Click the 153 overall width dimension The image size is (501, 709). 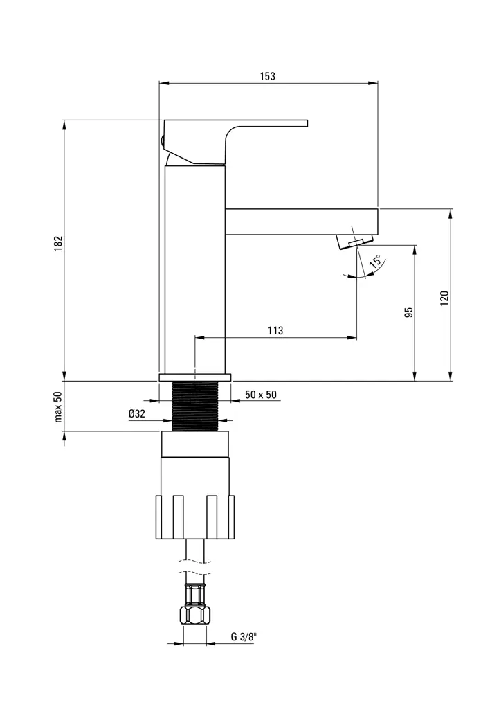coord(268,77)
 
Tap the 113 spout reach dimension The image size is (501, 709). coord(275,331)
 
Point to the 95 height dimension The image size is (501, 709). coord(408,312)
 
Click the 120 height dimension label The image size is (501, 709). coord(444,298)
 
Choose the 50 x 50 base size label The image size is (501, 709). coord(261,395)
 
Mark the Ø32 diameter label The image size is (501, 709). coord(136,413)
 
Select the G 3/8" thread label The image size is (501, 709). coord(243,637)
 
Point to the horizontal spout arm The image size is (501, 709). coord(301,221)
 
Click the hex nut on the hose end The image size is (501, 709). coord(195,614)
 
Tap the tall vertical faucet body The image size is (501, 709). coord(195,270)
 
